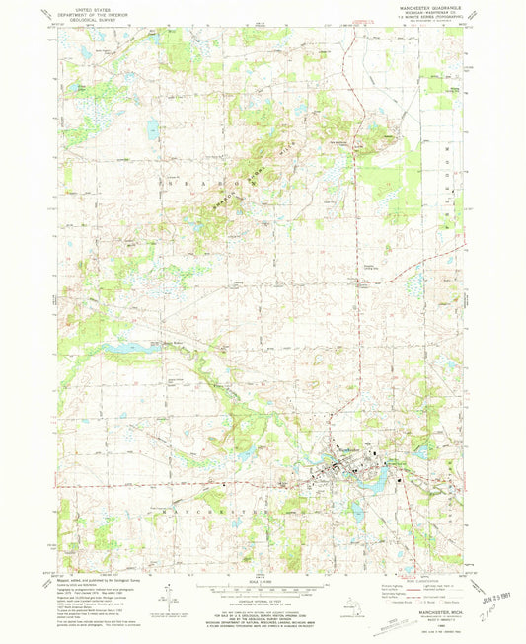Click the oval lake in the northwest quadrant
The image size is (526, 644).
click(153, 127)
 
